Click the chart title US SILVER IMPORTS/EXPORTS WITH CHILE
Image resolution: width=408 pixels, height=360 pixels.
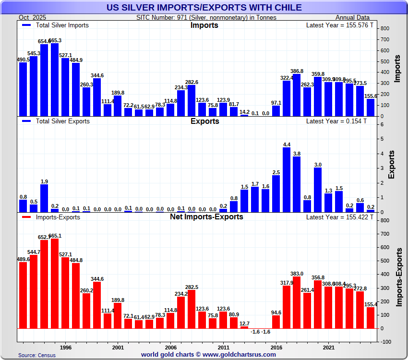pos(204,7)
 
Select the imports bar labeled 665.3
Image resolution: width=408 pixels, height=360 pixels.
pos(55,80)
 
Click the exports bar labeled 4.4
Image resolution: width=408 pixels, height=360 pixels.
pos(287,180)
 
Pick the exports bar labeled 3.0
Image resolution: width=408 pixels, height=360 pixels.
pos(318,190)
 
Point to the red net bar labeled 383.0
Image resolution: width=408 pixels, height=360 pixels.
pos(297,302)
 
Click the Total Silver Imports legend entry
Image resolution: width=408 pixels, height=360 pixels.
pos(60,25)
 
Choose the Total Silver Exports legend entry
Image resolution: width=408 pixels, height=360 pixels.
pos(60,121)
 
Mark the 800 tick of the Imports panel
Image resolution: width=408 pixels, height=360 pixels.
pos(384,29)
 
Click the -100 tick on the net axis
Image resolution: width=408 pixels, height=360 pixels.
pos(385,342)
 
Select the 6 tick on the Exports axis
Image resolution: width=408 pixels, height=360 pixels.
pos(382,124)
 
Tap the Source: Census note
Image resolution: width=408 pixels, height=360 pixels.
pos(37,355)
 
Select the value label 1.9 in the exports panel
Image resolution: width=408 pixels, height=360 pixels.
pos(44,181)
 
